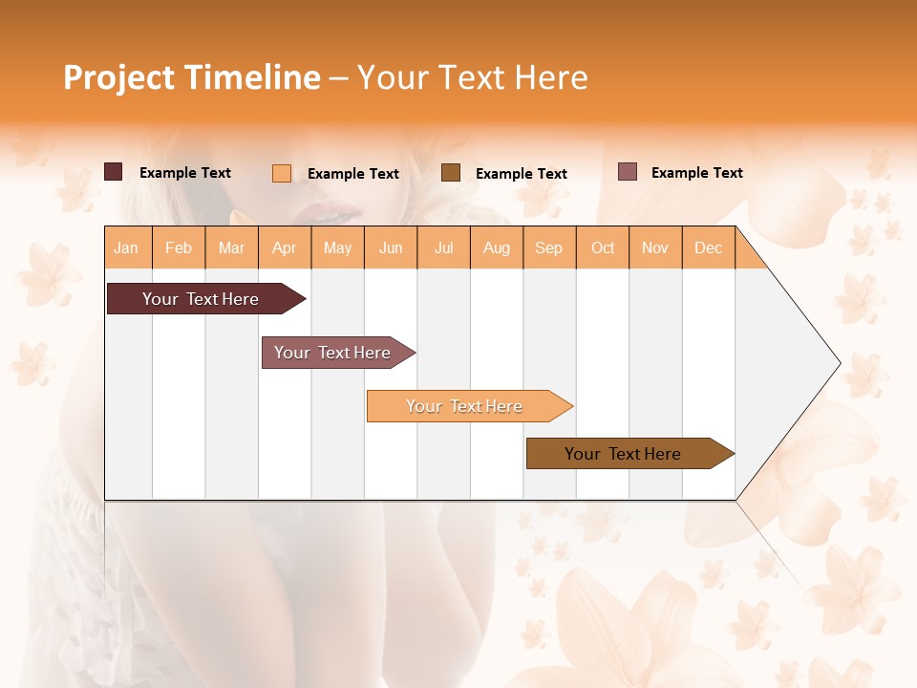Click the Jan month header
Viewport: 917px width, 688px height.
(126, 247)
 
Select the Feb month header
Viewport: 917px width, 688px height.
(179, 247)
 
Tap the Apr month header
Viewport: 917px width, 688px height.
(284, 247)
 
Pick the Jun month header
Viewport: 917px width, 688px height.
(391, 247)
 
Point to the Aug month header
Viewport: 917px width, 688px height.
(496, 247)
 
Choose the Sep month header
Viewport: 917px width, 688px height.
(548, 247)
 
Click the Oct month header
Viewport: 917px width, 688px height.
(603, 247)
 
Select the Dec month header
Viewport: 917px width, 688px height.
(708, 247)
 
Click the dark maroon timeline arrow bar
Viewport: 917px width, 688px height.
(201, 299)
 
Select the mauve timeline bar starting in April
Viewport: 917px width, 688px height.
(332, 353)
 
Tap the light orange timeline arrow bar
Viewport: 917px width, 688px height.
(464, 406)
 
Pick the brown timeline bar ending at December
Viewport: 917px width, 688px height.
(623, 454)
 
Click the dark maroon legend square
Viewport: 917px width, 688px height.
(114, 172)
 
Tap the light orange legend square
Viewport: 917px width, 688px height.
(282, 173)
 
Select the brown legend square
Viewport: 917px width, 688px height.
(451, 173)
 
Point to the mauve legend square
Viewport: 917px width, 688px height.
(628, 172)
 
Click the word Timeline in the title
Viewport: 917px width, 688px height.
(251, 77)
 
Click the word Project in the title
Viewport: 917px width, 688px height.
(117, 77)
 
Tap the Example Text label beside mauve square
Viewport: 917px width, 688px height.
(696, 173)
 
